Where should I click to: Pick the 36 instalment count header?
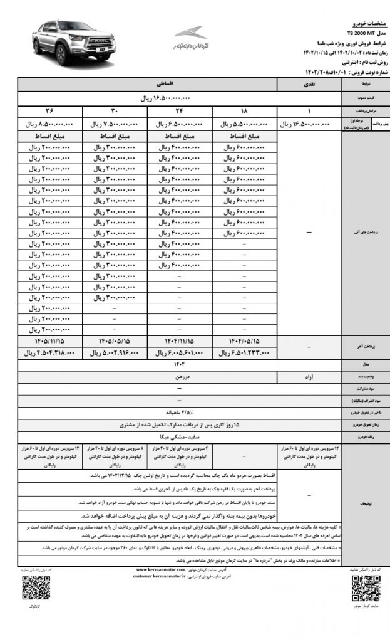pos(49,112)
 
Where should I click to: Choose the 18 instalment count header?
pos(244,112)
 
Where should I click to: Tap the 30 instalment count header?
pos(115,112)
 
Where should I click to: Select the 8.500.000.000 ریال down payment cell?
pos(49,124)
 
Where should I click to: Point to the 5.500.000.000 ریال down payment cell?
pos(244,124)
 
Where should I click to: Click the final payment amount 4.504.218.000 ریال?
pos(49,353)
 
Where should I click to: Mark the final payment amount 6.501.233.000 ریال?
pos(244,353)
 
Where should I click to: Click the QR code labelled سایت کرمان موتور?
pos(361,587)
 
